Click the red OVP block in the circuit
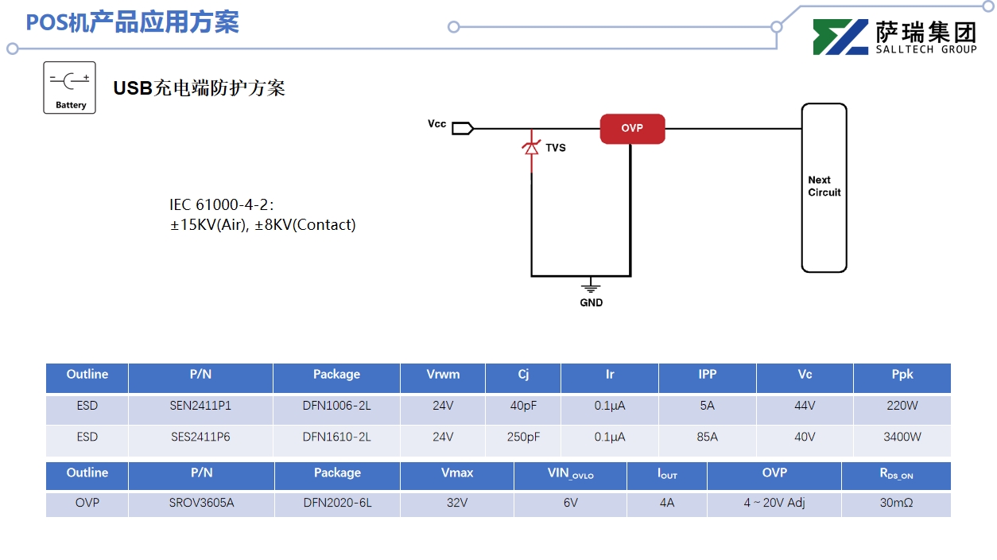click(632, 129)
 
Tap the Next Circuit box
click(824, 188)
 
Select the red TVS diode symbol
click(530, 147)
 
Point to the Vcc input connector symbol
click(463, 127)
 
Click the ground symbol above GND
click(590, 286)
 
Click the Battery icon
click(69, 87)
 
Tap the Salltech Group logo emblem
click(840, 37)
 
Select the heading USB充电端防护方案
click(199, 88)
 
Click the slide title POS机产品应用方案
click(132, 22)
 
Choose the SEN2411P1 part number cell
click(200, 406)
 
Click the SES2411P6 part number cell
click(200, 437)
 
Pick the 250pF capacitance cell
click(523, 437)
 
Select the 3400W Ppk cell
click(902, 437)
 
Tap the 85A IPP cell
click(707, 437)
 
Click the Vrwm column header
click(443, 375)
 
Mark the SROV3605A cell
click(201, 503)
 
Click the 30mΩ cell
click(896, 503)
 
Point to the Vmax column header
click(457, 473)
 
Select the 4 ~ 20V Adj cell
click(774, 503)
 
